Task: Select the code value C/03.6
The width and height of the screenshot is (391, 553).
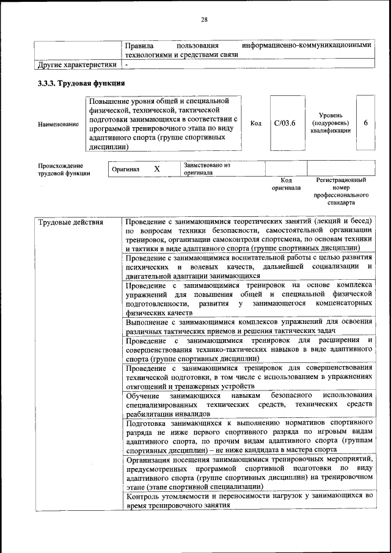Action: [285, 123]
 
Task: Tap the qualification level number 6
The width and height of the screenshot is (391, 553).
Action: [365, 123]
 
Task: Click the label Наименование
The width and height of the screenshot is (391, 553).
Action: [59, 124]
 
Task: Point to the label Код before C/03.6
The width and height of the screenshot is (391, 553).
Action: [256, 123]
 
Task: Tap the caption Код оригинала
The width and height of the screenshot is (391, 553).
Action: [287, 184]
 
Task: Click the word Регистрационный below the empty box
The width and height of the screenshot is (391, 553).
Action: [341, 180]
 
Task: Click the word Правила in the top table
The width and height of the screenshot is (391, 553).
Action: [139, 46]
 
